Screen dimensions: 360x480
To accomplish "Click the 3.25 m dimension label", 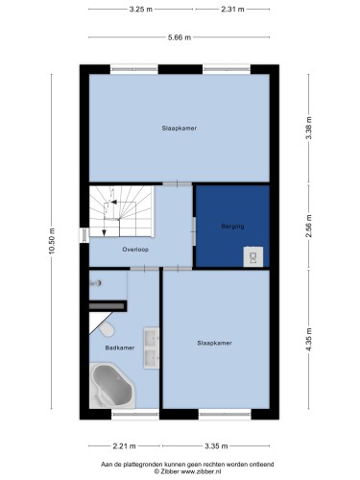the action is click(x=141, y=10).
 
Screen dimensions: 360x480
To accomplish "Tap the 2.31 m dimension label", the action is click(x=232, y=10).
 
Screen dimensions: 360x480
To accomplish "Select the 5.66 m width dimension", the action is click(x=180, y=37).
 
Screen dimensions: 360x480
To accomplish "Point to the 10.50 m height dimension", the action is click(x=52, y=241).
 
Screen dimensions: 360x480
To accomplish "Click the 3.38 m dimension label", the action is click(x=309, y=128).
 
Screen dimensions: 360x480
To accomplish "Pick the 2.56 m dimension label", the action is click(x=309, y=226).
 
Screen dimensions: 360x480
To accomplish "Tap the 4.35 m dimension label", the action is click(x=309, y=340).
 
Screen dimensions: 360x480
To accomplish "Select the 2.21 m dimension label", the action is click(x=124, y=445).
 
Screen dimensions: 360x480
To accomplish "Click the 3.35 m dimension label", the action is click(x=216, y=445).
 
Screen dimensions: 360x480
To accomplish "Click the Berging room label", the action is click(x=232, y=227).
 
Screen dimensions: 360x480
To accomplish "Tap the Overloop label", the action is click(x=135, y=250).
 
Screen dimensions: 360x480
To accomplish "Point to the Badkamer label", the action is click(x=120, y=348).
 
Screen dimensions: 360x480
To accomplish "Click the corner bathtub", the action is click(x=112, y=385).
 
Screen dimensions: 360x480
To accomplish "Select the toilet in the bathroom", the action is click(x=107, y=329).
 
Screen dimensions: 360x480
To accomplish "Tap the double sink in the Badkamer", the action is click(x=152, y=348).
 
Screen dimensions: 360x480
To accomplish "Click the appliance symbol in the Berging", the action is click(x=253, y=256).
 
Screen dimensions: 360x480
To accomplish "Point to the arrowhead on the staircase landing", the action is click(x=113, y=202).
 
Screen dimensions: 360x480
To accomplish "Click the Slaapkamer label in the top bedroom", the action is click(x=180, y=128).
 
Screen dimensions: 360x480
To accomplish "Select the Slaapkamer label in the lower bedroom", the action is click(x=214, y=343).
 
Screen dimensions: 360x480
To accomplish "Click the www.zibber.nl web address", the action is click(x=201, y=471).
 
